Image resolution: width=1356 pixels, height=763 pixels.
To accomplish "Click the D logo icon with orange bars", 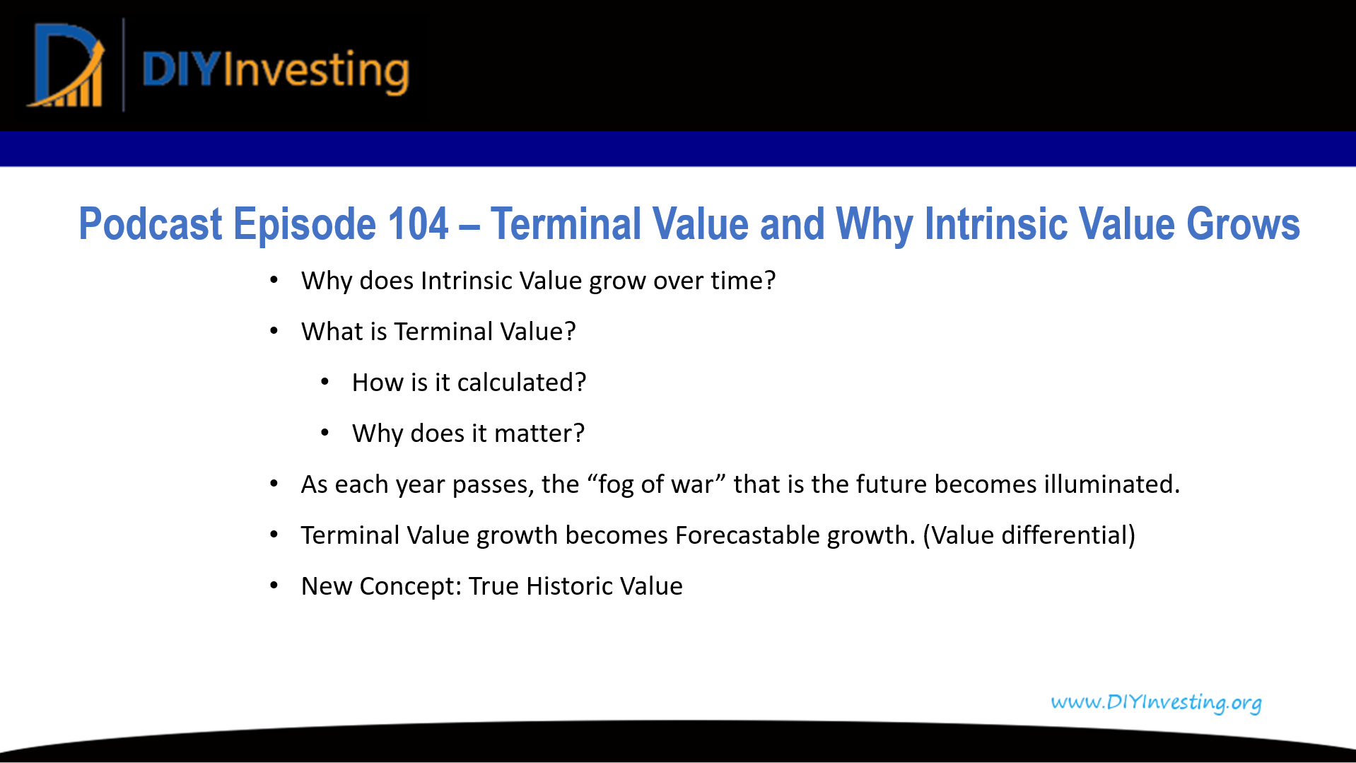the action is pyautogui.click(x=66, y=65).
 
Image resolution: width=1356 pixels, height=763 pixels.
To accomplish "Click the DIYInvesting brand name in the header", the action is pyautogui.click(x=276, y=71).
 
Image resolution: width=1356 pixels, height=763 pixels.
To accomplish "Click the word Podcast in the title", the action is pyautogui.click(x=151, y=224).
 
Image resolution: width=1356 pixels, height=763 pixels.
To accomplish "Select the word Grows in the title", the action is pyautogui.click(x=1243, y=224).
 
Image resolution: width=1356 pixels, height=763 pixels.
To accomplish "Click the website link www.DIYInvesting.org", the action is pyautogui.click(x=1156, y=702).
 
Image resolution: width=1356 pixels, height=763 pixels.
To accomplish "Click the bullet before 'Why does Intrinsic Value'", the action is pyautogui.click(x=274, y=281).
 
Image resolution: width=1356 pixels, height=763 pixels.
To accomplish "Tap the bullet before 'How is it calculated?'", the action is pyautogui.click(x=325, y=383).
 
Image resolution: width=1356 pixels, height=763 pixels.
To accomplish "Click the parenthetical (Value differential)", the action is pyautogui.click(x=1029, y=535).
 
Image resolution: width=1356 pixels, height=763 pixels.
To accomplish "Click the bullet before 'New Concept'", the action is pyautogui.click(x=274, y=586).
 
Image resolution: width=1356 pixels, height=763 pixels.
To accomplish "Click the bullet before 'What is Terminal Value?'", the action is pyautogui.click(x=274, y=332).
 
